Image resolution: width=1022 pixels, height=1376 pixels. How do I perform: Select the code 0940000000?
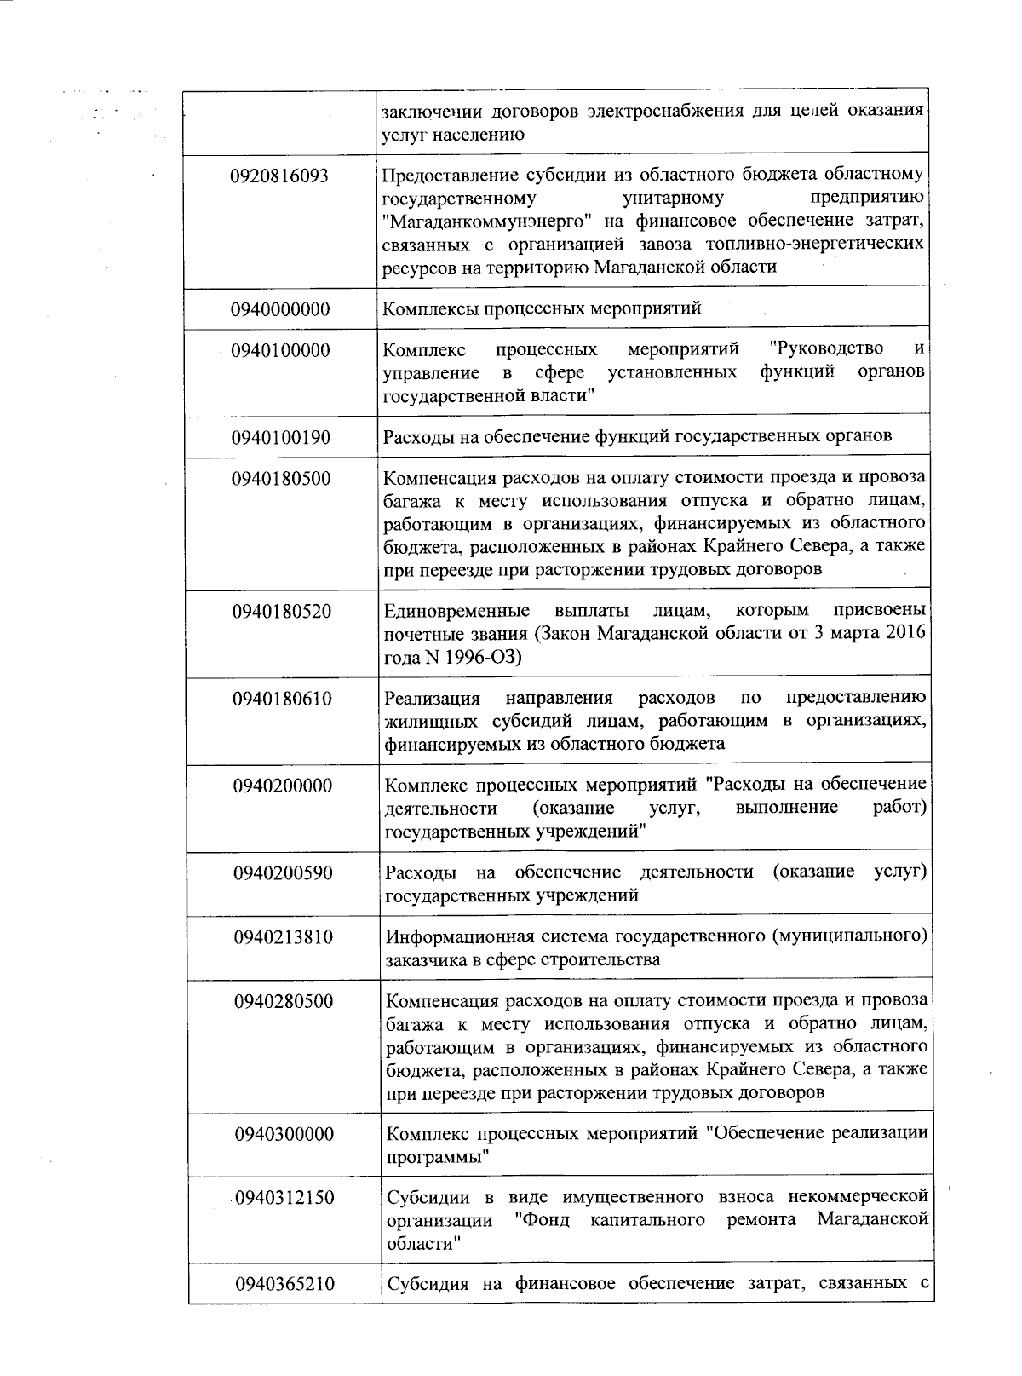coord(280,308)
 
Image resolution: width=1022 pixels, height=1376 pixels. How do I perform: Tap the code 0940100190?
coord(280,438)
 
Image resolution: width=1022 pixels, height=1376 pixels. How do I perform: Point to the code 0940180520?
coord(282,612)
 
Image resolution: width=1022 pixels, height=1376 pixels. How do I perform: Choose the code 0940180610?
coord(282,700)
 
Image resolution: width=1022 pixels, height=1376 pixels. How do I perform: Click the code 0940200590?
coord(283,873)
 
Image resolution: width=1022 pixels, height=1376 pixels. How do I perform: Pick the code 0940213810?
coord(284,937)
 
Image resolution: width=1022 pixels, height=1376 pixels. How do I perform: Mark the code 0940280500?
coord(284,1001)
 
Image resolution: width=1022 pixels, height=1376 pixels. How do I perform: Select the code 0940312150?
coord(284,1198)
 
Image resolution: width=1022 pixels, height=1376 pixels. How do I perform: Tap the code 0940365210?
coord(284,1285)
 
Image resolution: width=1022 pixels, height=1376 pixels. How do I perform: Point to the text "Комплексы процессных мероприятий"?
coord(543,308)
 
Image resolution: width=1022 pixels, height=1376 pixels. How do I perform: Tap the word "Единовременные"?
coord(456,612)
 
